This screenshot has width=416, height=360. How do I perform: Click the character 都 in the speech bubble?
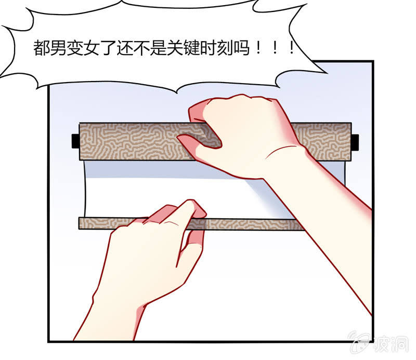[42, 48]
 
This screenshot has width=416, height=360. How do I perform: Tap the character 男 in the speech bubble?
[58, 48]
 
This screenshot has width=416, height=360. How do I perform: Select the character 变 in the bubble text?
[74, 48]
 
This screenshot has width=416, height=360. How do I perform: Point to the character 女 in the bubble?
[92, 48]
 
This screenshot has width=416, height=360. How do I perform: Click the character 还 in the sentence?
[125, 48]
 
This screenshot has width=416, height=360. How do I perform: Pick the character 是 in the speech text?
[158, 48]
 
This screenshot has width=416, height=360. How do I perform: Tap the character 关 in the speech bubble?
[175, 48]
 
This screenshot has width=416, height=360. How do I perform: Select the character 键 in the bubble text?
[191, 48]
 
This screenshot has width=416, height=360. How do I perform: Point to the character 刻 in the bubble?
[225, 48]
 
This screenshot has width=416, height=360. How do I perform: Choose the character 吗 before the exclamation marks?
[242, 48]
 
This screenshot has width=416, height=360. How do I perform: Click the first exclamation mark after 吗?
[258, 48]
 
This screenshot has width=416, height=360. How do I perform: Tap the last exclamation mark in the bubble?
[291, 48]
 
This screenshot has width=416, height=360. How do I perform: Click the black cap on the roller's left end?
[75, 141]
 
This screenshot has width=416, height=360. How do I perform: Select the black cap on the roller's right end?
[355, 142]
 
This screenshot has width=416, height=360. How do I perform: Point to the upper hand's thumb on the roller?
[199, 142]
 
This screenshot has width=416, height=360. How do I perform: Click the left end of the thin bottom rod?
[79, 223]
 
